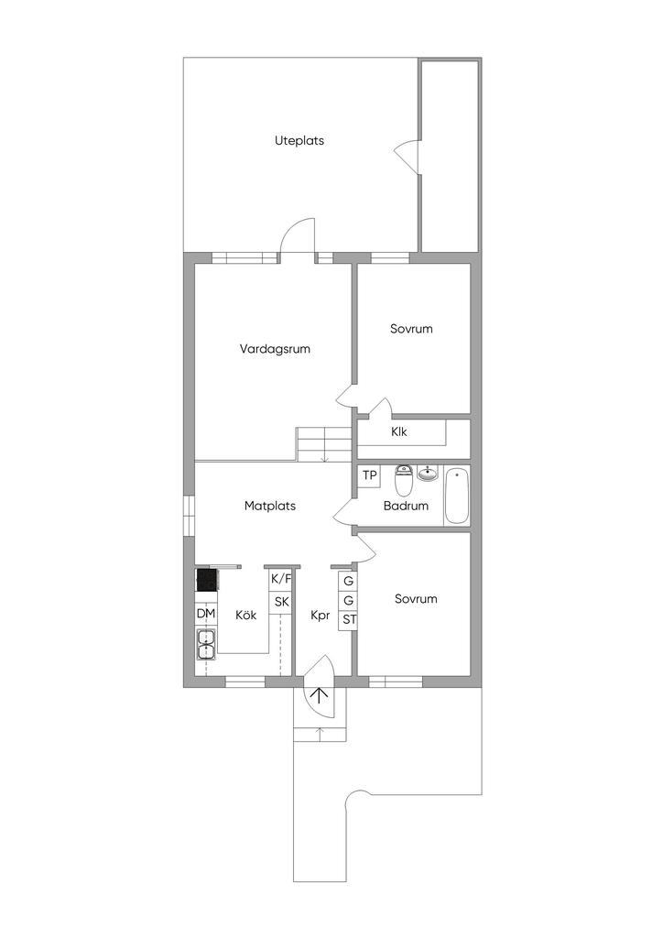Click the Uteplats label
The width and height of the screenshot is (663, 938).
pos(299,141)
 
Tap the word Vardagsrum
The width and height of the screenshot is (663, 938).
pos(275,349)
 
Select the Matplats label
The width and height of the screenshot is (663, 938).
pos(269,506)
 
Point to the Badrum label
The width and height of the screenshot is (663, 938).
pos(406,506)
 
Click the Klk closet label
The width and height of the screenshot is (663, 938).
pos(398,432)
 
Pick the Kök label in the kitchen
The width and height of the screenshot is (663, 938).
pos(245,615)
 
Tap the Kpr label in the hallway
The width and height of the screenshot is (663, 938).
pos(321,616)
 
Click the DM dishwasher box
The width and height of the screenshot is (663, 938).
pos(206,615)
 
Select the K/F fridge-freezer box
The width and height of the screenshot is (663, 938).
pos(281,580)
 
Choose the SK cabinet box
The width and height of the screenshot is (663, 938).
pos(281,602)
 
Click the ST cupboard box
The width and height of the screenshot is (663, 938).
pos(349,620)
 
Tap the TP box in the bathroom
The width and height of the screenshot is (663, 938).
pos(370,475)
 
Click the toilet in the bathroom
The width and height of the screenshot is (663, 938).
pos(404,481)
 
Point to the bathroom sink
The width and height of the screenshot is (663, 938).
pos(428,474)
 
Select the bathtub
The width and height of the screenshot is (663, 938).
pos(456,496)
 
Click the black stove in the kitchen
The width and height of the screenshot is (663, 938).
pos(207,580)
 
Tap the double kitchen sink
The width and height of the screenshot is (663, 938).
pos(206,644)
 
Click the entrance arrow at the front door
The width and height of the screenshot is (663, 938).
pos(321,694)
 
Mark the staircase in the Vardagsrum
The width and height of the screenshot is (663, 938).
pos(323,444)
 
